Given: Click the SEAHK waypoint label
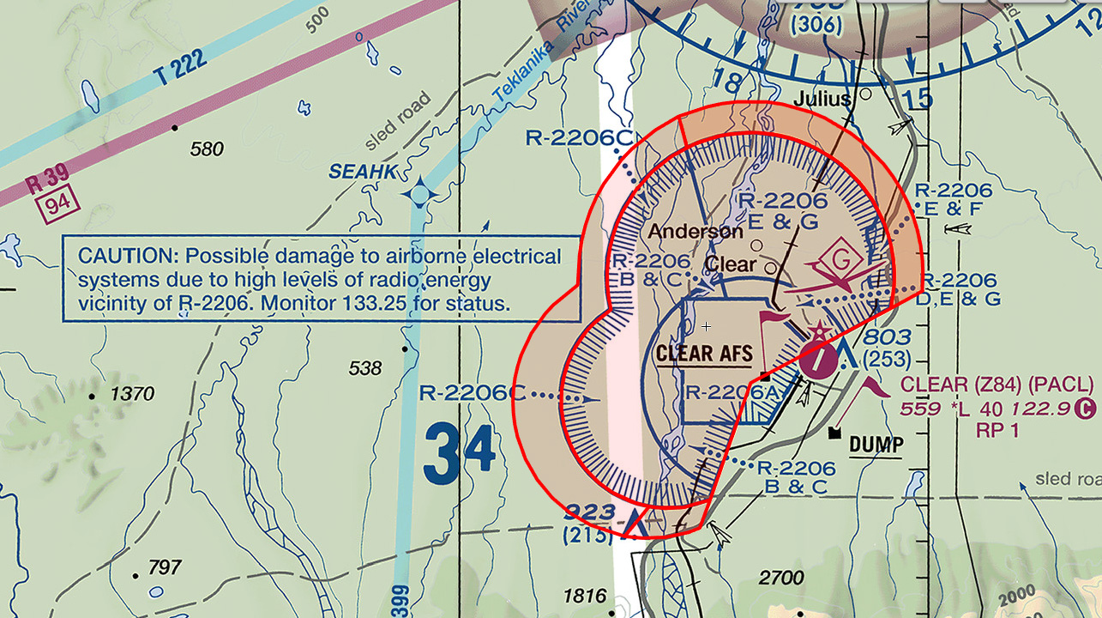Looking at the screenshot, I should pyautogui.click(x=364, y=173).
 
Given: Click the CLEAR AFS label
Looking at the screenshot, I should pyautogui.click(x=704, y=352).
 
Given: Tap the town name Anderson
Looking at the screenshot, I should pyautogui.click(x=695, y=231).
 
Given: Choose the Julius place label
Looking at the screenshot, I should pyautogui.click(x=822, y=98).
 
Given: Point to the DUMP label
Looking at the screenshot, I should pyautogui.click(x=876, y=445).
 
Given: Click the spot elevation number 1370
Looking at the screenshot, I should pyautogui.click(x=133, y=395).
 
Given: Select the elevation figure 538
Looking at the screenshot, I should pyautogui.click(x=364, y=368).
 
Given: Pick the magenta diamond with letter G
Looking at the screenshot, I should pyautogui.click(x=841, y=258).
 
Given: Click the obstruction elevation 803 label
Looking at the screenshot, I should pyautogui.click(x=887, y=337).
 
